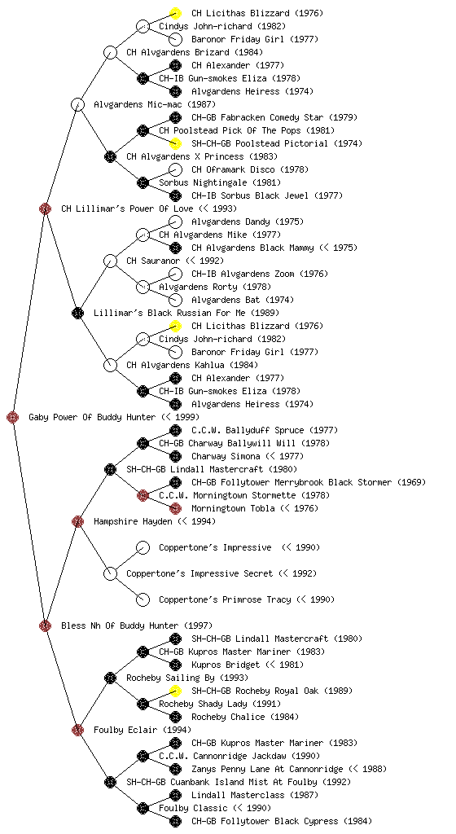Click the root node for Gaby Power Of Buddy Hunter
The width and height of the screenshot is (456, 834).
[x=13, y=417]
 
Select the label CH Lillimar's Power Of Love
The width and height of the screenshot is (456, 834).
[x=127, y=208]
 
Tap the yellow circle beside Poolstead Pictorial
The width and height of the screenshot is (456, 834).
[x=175, y=143]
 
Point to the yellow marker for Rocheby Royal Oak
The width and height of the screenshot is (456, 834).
[x=175, y=691]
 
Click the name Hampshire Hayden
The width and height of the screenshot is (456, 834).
[x=133, y=521]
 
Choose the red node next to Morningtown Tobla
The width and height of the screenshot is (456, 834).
[x=175, y=508]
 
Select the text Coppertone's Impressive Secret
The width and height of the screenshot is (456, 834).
[x=199, y=573]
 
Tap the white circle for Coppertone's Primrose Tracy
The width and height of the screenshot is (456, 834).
[x=143, y=599]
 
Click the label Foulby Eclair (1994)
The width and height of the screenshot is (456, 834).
[x=142, y=730]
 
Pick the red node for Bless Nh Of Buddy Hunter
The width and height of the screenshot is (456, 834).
[x=45, y=625]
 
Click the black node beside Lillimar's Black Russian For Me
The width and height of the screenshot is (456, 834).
[x=77, y=313]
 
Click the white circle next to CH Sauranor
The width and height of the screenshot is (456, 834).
[x=110, y=261]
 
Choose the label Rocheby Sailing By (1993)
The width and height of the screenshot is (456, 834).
[x=187, y=678]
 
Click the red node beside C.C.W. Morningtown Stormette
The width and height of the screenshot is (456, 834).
[x=143, y=495]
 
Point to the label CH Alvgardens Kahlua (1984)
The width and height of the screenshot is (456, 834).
[x=192, y=365]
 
